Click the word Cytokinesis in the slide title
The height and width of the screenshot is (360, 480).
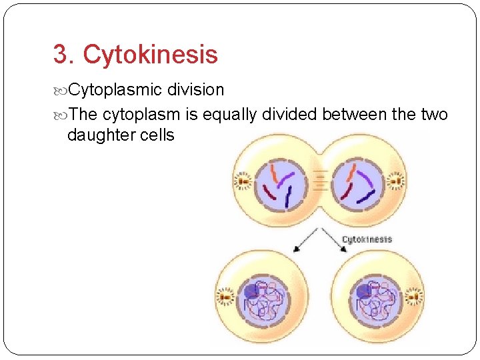pos(151,55)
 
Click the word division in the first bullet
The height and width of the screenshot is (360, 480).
pos(195,89)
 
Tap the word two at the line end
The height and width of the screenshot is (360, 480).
pos(434,115)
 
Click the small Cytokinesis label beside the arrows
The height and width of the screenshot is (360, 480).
pos(367,239)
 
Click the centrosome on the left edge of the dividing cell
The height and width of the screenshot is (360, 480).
pos(242,181)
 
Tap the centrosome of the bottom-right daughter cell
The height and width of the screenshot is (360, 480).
pos(414,295)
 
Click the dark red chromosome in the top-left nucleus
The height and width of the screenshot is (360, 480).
pos(270,193)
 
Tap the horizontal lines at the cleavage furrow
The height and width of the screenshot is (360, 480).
pos(319,179)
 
